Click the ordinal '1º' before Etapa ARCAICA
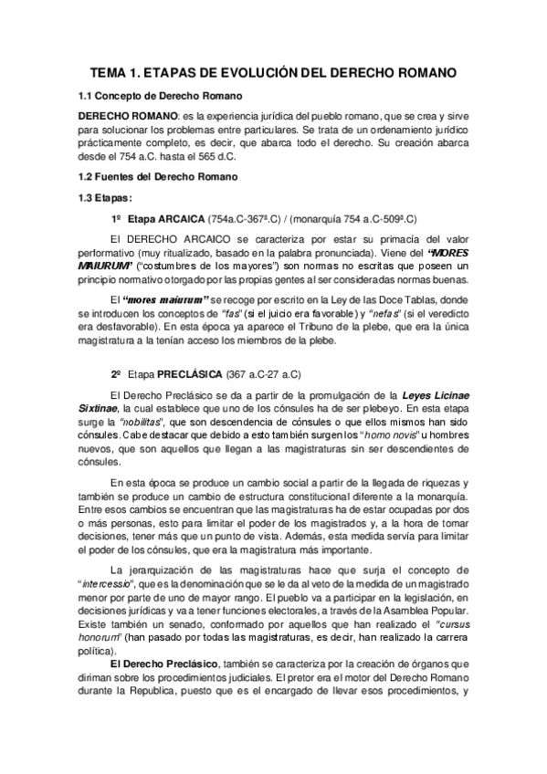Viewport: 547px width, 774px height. pos(116,220)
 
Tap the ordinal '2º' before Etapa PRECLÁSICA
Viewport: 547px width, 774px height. pos(116,374)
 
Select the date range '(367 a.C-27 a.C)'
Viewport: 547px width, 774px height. pos(256,374)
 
